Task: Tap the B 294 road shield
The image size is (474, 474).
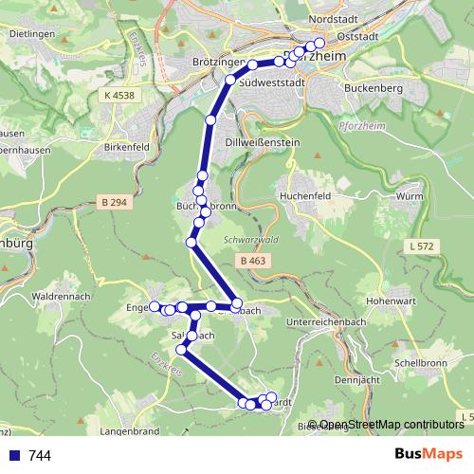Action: pyautogui.click(x=113, y=203)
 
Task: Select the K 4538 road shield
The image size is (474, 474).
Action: pyautogui.click(x=120, y=95)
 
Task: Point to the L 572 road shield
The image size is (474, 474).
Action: pyautogui.click(x=425, y=246)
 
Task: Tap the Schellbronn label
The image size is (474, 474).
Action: pyautogui.click(x=421, y=363)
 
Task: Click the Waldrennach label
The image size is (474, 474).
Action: pyautogui.click(x=61, y=297)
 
